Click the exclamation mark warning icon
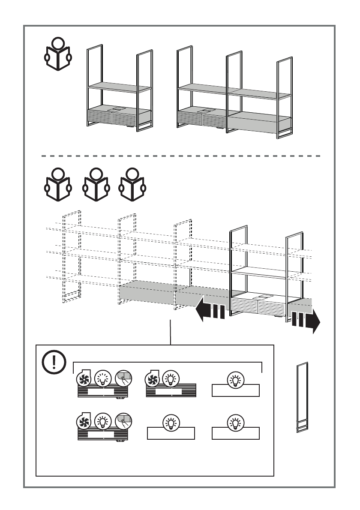coord(54,363)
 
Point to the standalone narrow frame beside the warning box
coord(303,398)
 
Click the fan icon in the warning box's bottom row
coord(84,423)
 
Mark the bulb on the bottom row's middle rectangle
coord(171,423)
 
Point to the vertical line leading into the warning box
coord(170,332)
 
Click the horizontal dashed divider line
coord(180,156)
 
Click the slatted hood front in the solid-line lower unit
coord(258,308)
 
